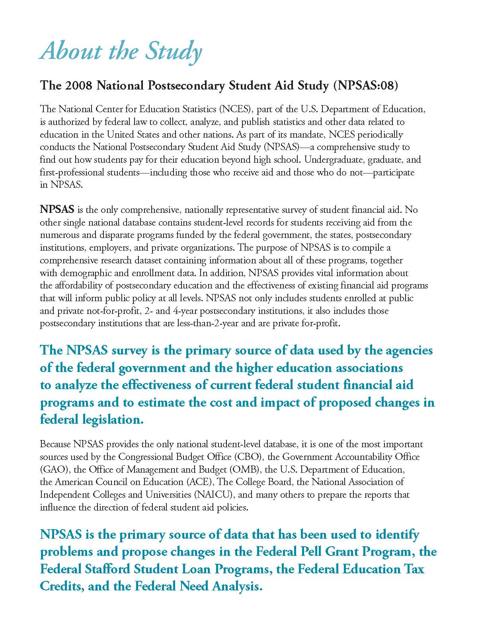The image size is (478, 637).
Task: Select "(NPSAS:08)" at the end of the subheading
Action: point(365,86)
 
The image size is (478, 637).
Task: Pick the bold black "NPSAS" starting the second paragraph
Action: point(57,210)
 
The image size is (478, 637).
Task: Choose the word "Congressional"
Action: point(144,457)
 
